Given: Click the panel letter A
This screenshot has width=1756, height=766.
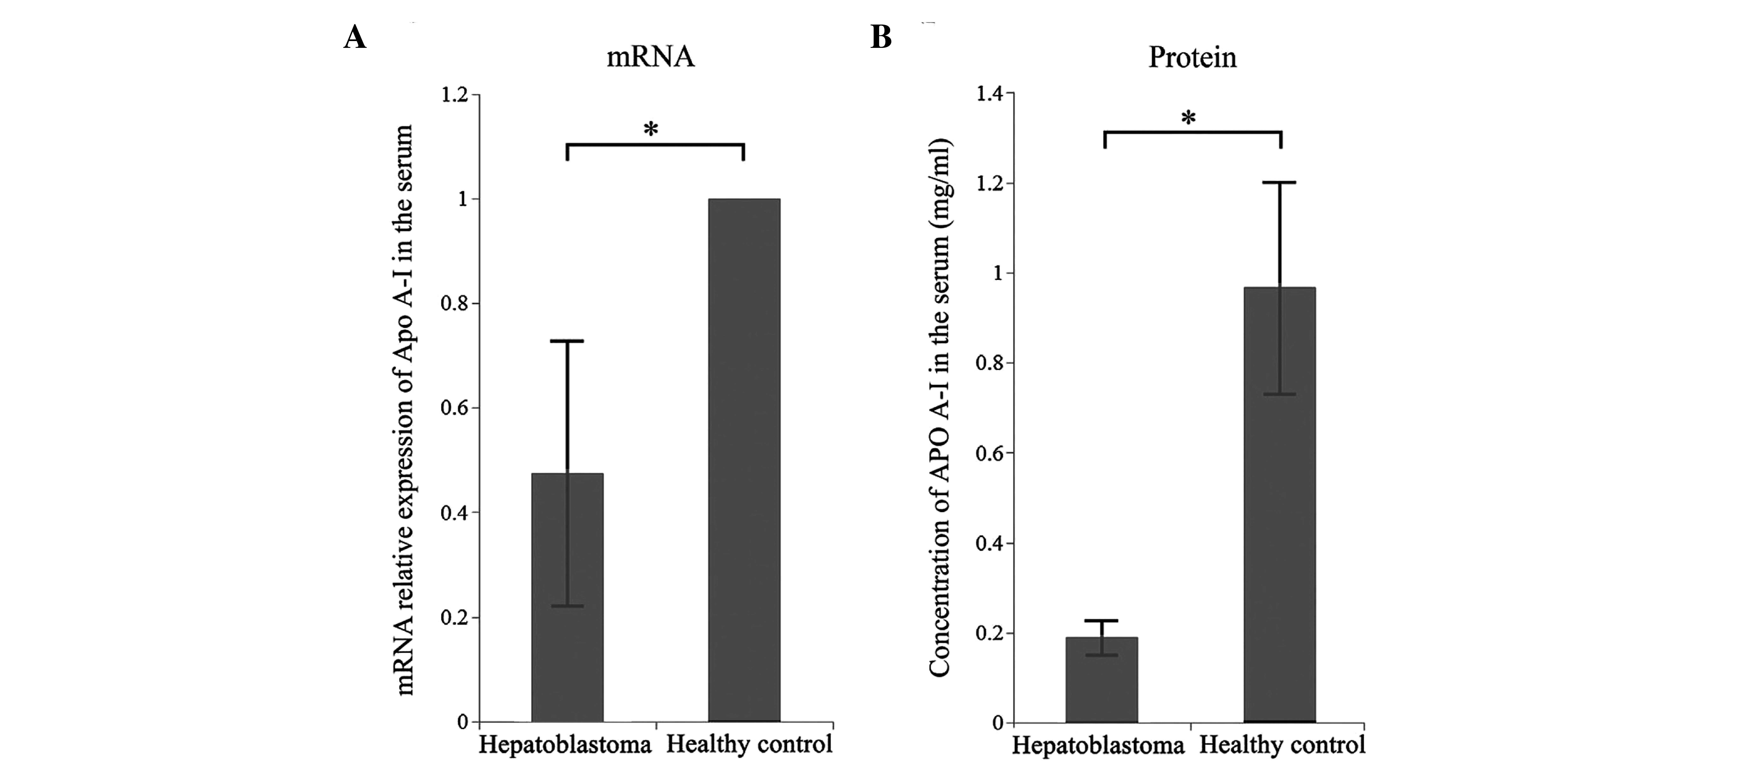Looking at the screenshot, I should (355, 38).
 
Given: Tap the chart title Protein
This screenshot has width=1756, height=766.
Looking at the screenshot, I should (1192, 57).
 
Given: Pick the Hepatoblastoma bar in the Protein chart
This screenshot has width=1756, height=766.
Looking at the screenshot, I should (1102, 688).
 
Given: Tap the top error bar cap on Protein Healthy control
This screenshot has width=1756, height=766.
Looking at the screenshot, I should (1280, 183).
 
